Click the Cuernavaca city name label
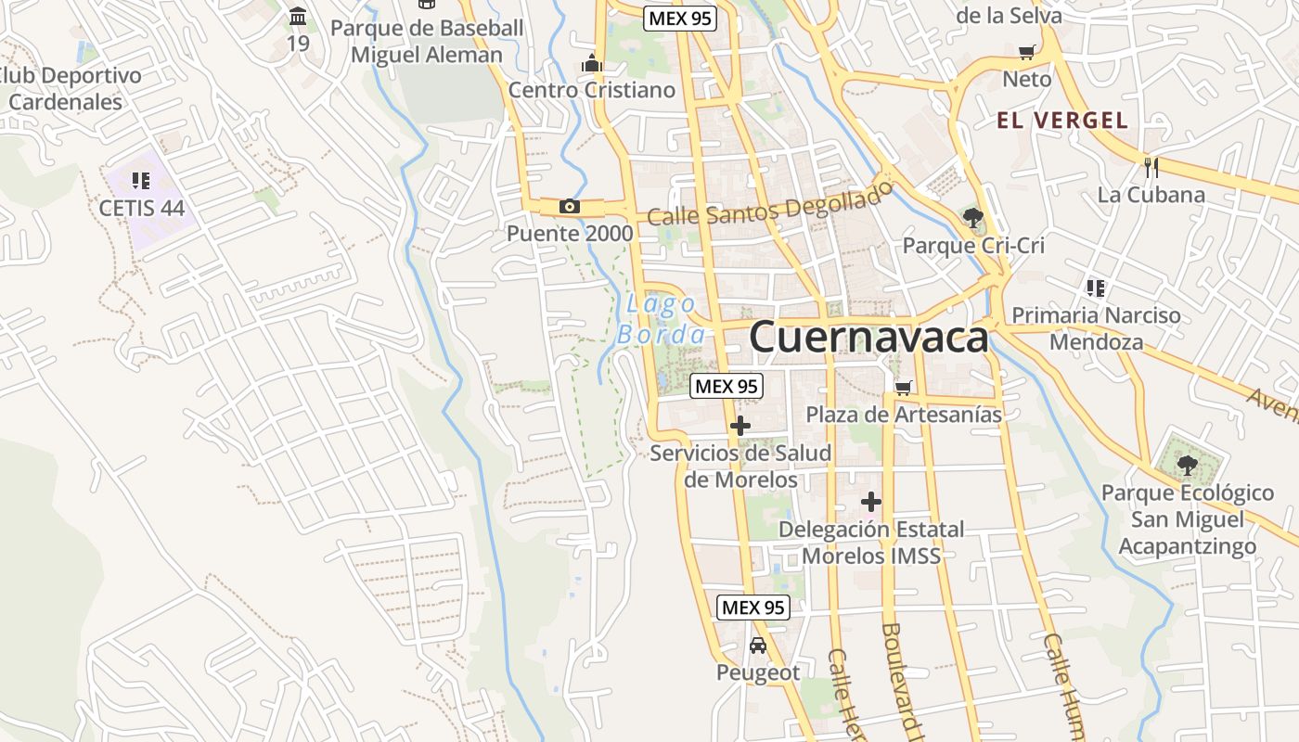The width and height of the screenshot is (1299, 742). coord(868,338)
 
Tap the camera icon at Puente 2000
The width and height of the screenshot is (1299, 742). coord(570,207)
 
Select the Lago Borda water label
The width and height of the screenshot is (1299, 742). coord(661,319)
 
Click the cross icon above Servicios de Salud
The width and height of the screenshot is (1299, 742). coord(740,427)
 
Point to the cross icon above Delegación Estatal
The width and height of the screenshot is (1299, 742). coord(870,503)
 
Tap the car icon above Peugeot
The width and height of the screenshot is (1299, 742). coord(757,646)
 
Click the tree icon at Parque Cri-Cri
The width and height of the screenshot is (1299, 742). coord(972,219)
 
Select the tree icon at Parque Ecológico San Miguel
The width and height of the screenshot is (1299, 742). coord(1187,465)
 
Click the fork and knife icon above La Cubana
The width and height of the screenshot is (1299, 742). coord(1151,168)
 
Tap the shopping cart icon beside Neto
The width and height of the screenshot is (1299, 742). coord(1026,53)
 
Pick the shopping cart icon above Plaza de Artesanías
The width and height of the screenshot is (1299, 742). coord(903,388)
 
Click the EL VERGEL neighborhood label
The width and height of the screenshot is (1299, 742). coord(1062,120)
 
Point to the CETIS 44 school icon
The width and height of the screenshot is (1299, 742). coord(141,181)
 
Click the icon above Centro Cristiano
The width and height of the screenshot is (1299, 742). coord(591,63)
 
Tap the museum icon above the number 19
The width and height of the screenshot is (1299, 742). coord(298,17)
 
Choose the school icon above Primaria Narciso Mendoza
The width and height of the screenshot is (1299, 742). coord(1096,288)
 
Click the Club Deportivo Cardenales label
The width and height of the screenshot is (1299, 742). coord(69,89)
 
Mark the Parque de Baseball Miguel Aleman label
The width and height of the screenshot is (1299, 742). coord(427,41)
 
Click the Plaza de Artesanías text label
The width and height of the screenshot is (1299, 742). coord(904,415)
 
